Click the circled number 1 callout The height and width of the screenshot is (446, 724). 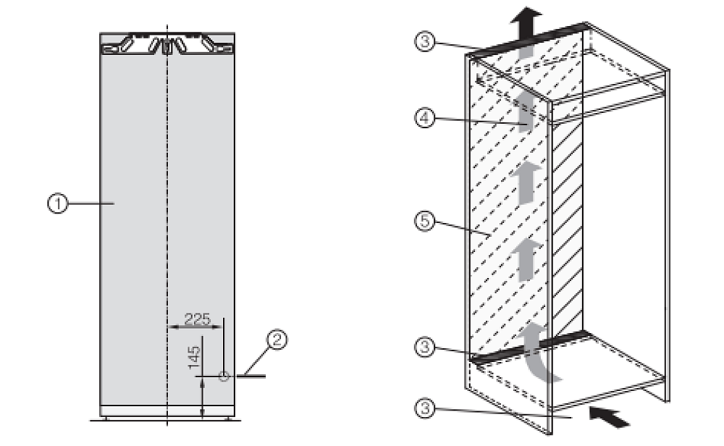pos(58,203)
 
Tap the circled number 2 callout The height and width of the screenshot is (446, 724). pos(277,340)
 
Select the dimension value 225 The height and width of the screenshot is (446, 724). pos(197,319)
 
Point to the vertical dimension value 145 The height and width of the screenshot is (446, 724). pos(194,357)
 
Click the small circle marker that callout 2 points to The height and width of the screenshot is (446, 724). pos(224,376)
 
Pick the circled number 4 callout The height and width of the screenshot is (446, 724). pos(425,118)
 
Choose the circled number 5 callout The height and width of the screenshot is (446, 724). pos(425,221)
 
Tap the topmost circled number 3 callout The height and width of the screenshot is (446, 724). pos(425,41)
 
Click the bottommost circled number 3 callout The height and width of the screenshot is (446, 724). pos(425,408)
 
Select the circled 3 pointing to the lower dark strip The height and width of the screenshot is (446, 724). pos(425,347)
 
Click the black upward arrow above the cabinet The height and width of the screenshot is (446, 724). pos(526,23)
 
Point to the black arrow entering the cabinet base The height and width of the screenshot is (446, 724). pos(610,416)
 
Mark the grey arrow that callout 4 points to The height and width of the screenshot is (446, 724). pos(526,111)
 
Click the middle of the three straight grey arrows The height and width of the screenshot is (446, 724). pos(526,183)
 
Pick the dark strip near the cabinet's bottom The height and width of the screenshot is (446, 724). pos(531,346)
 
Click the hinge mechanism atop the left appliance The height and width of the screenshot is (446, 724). pos(167,44)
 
